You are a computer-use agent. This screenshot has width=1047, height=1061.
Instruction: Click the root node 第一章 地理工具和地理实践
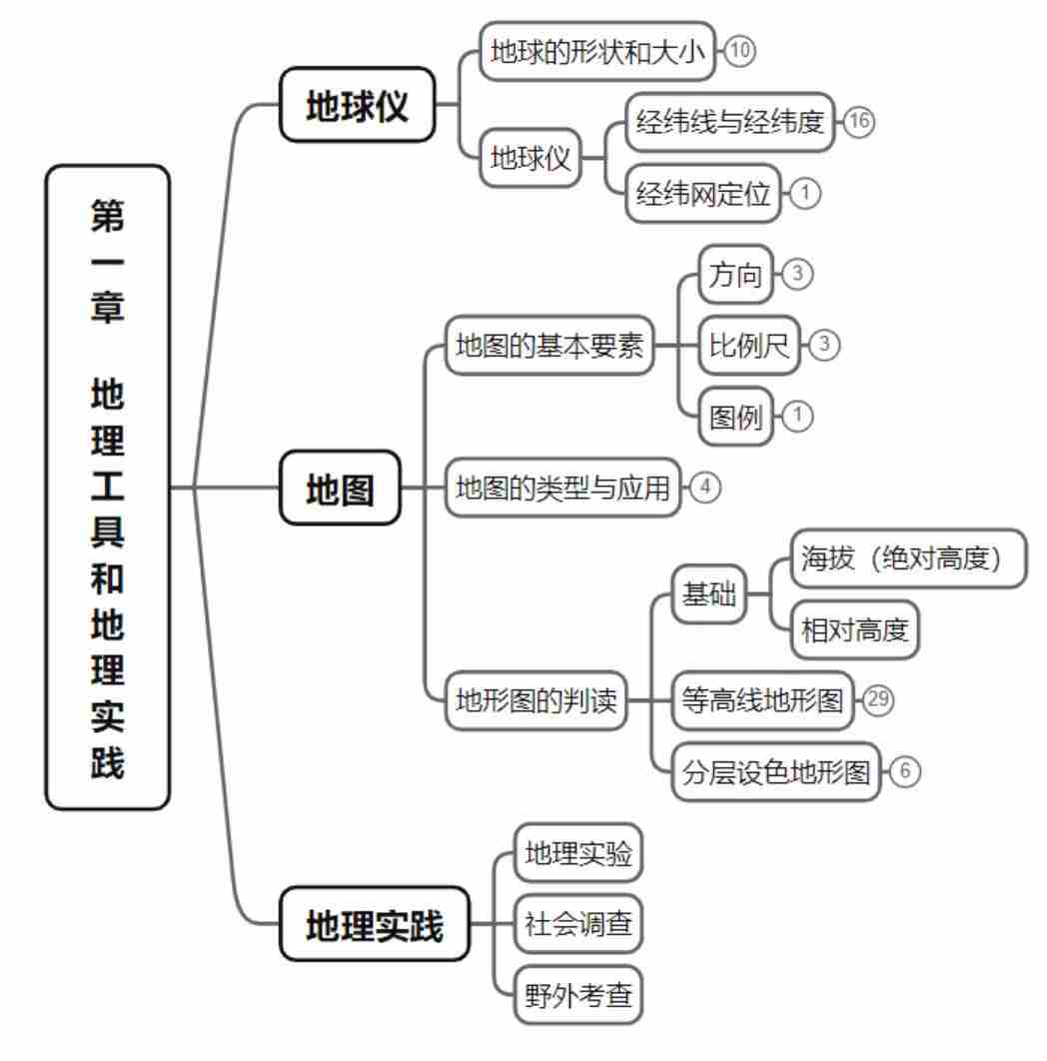(x=108, y=487)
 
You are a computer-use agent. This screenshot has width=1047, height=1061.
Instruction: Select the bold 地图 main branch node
(x=339, y=488)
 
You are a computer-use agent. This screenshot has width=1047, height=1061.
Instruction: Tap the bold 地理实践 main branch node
(x=374, y=924)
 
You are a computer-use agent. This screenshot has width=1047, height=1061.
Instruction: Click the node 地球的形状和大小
(x=598, y=51)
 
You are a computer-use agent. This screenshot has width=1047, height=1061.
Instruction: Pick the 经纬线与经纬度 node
(x=729, y=122)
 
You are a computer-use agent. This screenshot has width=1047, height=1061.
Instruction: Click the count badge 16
(x=858, y=122)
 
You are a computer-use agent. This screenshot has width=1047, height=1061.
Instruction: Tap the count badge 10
(x=740, y=51)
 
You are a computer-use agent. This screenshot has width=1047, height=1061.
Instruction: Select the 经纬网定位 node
(x=702, y=193)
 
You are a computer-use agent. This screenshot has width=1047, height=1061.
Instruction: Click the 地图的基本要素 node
(x=548, y=346)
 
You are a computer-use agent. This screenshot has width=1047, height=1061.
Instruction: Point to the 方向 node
(x=735, y=275)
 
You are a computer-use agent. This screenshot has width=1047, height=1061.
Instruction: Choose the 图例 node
(x=735, y=416)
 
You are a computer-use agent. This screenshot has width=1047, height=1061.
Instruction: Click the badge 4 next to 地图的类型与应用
(x=704, y=488)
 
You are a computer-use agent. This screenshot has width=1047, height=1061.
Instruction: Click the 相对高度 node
(x=854, y=630)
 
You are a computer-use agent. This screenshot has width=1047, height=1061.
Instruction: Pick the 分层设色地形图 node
(x=776, y=771)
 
